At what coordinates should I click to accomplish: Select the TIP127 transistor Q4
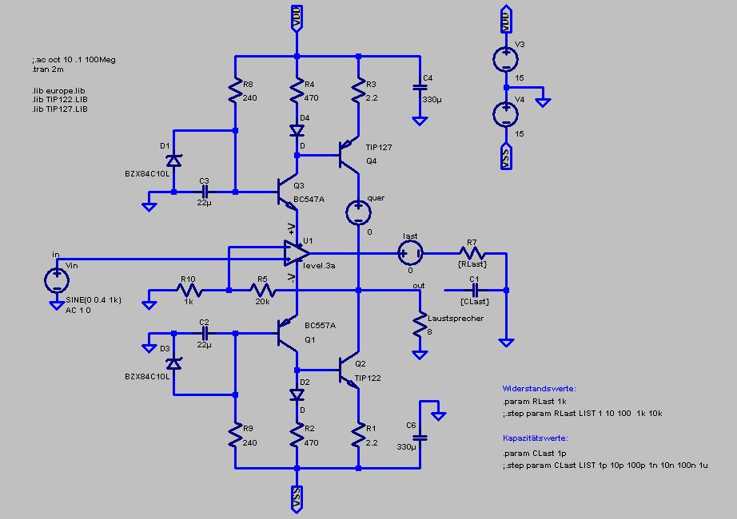[349, 153]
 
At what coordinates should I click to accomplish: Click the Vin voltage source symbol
[57, 279]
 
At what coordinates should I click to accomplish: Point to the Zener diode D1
[173, 160]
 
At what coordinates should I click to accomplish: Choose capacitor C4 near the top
[418, 89]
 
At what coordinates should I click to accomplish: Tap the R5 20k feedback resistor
[262, 291]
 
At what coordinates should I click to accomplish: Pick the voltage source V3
[505, 58]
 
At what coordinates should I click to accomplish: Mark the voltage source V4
[505, 114]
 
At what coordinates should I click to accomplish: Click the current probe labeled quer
[357, 212]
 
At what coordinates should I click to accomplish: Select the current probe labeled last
[410, 254]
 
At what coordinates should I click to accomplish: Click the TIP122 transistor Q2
[349, 375]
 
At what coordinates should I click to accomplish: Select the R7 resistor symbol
[472, 254]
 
